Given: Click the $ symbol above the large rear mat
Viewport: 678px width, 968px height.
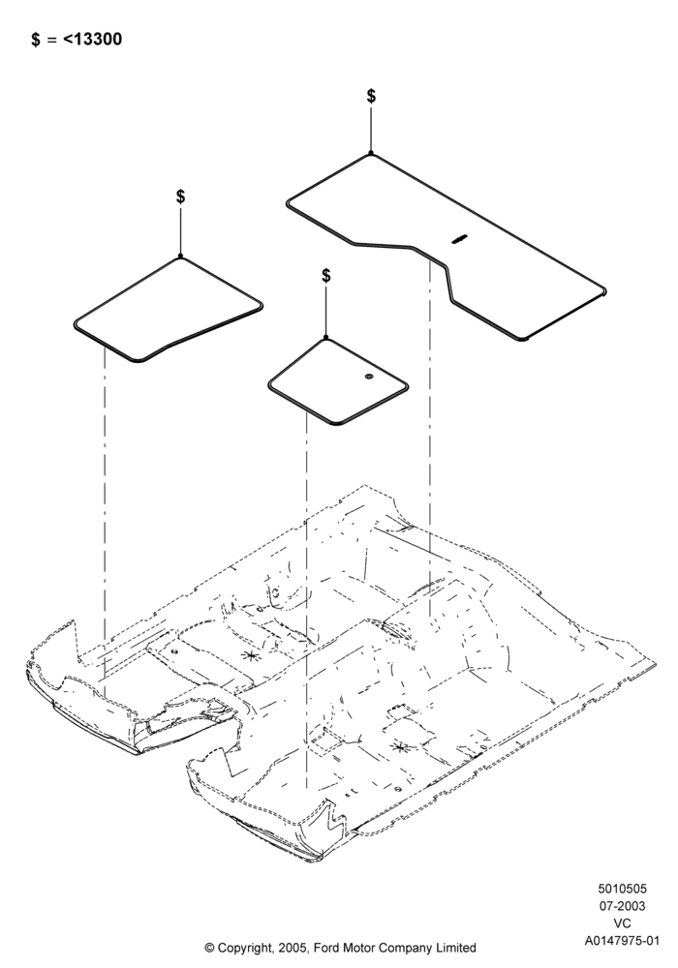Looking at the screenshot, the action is point(371,96).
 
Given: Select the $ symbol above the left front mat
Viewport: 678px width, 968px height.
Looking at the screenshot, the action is point(180,197).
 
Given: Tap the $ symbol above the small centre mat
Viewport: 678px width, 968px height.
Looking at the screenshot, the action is point(326,275).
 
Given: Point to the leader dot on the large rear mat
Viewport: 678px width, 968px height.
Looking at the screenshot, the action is point(371,153).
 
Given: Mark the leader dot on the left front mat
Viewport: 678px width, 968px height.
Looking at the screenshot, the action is point(180,256).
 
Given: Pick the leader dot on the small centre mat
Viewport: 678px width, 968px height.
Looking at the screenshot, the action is point(326,338).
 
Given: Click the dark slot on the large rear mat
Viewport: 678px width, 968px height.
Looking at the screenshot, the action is point(459,239).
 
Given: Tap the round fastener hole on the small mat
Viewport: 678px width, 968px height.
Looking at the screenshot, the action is point(369,377).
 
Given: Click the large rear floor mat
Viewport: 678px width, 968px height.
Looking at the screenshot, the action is point(445,247).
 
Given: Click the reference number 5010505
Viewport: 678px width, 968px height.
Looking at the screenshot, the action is point(622,889).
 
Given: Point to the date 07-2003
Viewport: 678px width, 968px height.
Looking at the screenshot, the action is point(622,906).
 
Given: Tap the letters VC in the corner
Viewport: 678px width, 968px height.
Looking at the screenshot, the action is point(622,923).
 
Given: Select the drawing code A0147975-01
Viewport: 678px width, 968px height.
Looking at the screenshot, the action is point(622,941).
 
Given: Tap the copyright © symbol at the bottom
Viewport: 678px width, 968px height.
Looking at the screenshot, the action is point(209,948).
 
